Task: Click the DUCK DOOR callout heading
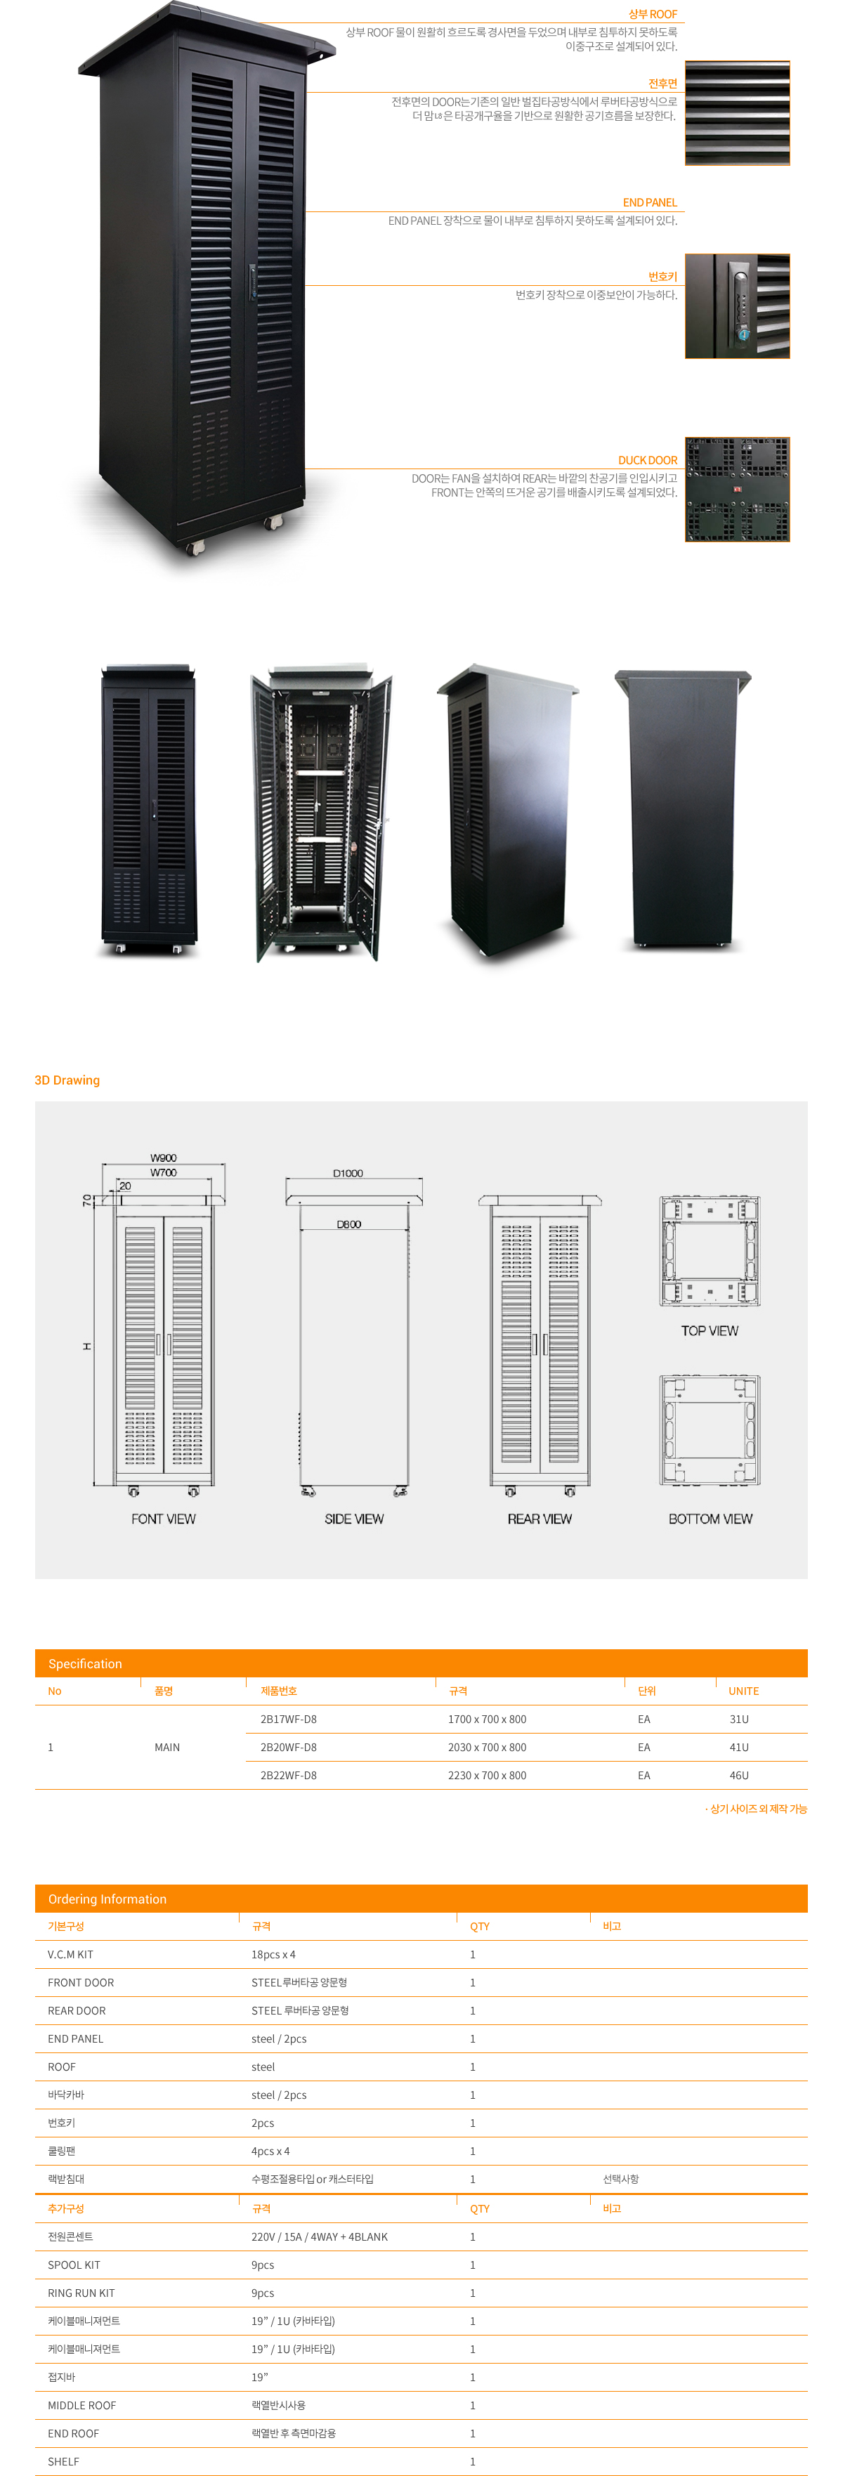(647, 460)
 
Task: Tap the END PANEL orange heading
(649, 203)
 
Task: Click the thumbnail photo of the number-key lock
(736, 307)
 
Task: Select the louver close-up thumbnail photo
(736, 113)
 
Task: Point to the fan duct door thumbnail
(736, 490)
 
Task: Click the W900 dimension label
(164, 1158)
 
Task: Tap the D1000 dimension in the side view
(348, 1174)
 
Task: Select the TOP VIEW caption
(710, 1331)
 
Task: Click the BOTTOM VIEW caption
(710, 1519)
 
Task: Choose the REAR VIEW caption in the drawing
(540, 1519)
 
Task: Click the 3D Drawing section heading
(67, 1080)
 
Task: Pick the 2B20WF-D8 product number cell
(288, 1748)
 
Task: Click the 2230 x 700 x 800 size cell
(486, 1775)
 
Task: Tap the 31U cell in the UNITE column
(738, 1720)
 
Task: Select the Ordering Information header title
(107, 1899)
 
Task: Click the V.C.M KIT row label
(70, 1955)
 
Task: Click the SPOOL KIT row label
(74, 2265)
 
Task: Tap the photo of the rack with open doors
(321, 812)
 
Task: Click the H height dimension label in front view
(86, 1346)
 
